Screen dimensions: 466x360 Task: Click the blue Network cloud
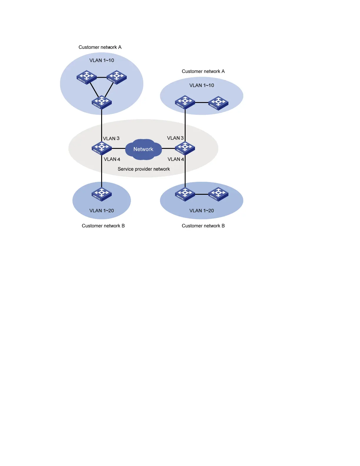(143, 149)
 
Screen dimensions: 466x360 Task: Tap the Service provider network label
(144, 169)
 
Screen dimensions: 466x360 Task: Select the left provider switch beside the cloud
(101, 148)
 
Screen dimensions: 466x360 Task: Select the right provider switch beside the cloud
(185, 148)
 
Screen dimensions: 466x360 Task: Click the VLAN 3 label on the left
(111, 139)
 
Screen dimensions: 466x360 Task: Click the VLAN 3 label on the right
(175, 138)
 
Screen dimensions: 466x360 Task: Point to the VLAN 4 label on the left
(112, 159)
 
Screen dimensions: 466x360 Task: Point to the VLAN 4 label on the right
(176, 159)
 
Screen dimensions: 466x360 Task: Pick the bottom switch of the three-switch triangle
(101, 102)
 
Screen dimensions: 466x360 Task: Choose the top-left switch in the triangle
(86, 77)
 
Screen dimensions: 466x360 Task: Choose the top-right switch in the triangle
(116, 77)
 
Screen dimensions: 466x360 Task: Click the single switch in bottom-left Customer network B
(101, 194)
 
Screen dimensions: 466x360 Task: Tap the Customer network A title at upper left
(100, 47)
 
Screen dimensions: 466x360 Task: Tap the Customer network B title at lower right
(203, 226)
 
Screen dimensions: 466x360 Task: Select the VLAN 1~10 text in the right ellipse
(202, 85)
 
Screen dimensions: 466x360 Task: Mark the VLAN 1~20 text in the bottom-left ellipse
(101, 211)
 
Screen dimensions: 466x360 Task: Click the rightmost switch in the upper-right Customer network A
(218, 103)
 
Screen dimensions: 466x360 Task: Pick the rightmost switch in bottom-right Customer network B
(218, 194)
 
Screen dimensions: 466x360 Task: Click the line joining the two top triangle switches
(101, 77)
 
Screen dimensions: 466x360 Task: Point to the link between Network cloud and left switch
(118, 148)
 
